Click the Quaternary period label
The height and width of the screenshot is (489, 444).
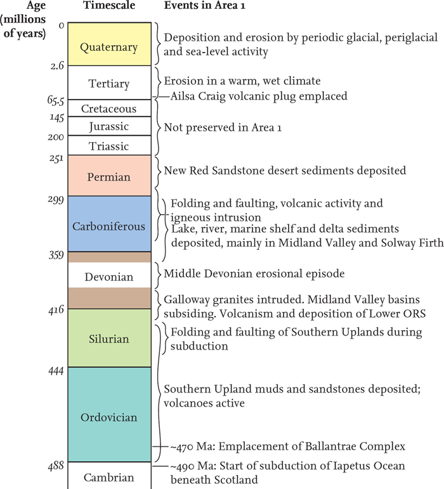[x=109, y=48]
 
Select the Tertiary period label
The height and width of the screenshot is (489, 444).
[x=109, y=84]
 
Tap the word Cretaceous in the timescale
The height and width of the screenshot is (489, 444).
[x=109, y=108]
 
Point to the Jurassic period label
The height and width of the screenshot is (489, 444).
[x=109, y=127]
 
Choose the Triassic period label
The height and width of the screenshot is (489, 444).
[x=109, y=147]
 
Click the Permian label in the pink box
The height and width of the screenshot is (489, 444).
[x=109, y=177]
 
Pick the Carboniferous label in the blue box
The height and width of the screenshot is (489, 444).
[x=109, y=226]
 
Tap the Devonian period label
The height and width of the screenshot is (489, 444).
[x=109, y=277]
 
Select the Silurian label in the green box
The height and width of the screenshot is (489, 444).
[x=109, y=339]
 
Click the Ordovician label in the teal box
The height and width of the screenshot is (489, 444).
[x=109, y=417]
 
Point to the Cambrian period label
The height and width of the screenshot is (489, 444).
[x=109, y=478]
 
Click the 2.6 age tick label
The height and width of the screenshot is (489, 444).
[x=57, y=65]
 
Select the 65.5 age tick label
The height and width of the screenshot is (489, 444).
[x=56, y=100]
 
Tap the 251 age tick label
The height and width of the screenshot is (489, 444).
[x=56, y=159]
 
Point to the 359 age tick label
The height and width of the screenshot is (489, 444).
[x=56, y=256]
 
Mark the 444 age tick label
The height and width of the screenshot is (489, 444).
[x=56, y=371]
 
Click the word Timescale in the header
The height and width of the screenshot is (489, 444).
[x=109, y=5]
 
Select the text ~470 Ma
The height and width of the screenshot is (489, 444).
[x=182, y=447]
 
